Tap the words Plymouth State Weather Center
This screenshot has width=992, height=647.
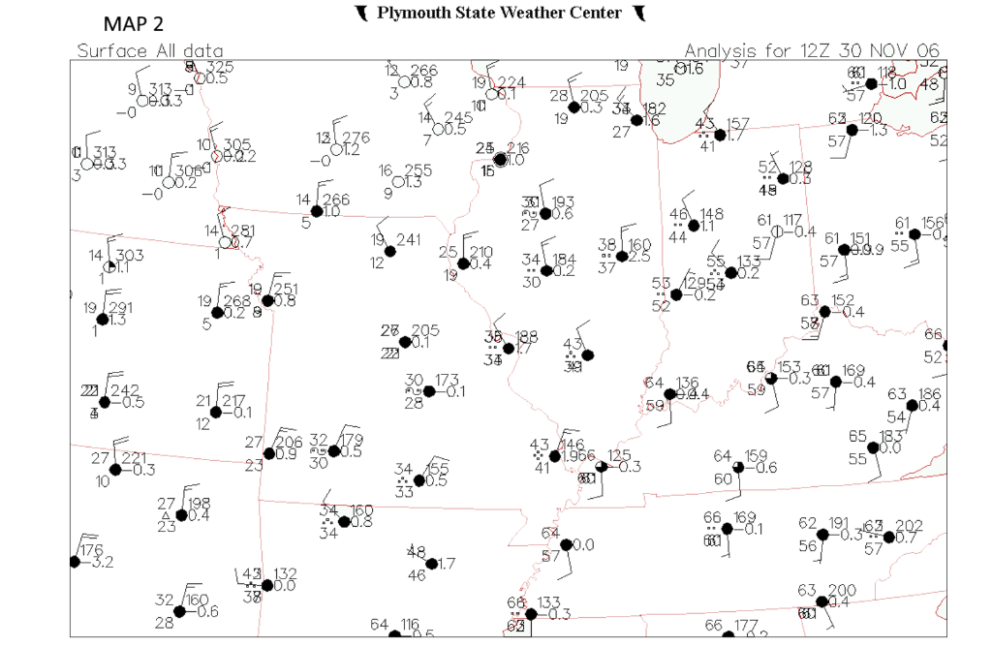tap(499, 13)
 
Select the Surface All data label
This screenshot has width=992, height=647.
tap(150, 50)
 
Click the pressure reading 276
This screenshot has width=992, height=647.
tap(356, 137)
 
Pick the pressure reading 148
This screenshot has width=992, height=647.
tap(711, 214)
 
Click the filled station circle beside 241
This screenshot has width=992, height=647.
tap(390, 251)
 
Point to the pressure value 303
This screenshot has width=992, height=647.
tap(130, 255)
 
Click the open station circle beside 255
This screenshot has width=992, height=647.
tap(398, 181)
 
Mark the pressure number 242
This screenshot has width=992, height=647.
tap(126, 390)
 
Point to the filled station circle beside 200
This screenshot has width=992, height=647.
tap(821, 601)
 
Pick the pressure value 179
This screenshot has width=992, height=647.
tap(353, 439)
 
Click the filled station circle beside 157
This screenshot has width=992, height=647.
tap(720, 135)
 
